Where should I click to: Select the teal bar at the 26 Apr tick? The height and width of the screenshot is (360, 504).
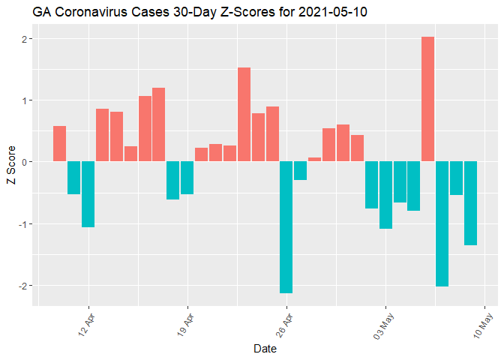click(286, 227)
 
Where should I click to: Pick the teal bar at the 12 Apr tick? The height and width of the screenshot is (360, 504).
click(88, 194)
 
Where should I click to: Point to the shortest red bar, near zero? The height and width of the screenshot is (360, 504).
click(314, 160)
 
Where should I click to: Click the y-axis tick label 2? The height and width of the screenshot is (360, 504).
click(25, 39)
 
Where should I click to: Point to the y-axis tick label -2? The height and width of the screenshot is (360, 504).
click(23, 286)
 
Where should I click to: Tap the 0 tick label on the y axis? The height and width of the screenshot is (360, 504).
click(25, 162)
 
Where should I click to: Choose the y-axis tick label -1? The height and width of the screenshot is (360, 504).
click(23, 224)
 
